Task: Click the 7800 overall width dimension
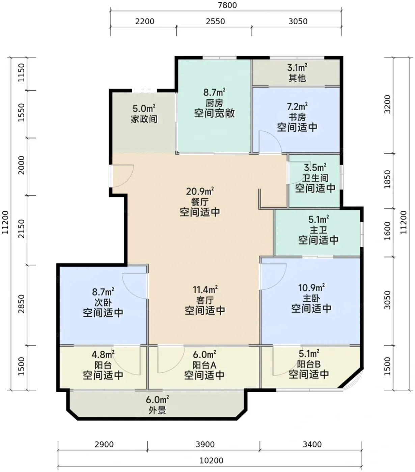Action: coord(227,5)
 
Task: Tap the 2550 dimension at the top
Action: coord(215,22)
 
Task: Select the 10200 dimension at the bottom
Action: coord(212,461)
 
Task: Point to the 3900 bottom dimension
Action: coord(205,444)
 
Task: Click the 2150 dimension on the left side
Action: coord(21,229)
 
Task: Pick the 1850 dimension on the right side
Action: coord(387,179)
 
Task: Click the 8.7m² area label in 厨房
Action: coord(214,92)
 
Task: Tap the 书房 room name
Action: coord(297,117)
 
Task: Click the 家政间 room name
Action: coord(144,119)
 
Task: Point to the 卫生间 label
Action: coord(315,178)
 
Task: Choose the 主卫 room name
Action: coord(319,230)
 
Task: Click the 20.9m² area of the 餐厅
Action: coord(200,191)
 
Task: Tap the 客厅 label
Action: coord(205,300)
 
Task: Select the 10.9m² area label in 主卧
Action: coord(311,288)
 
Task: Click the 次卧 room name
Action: coord(103,303)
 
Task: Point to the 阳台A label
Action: coord(204,365)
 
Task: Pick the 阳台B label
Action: coord(309,364)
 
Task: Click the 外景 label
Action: coord(157,410)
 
